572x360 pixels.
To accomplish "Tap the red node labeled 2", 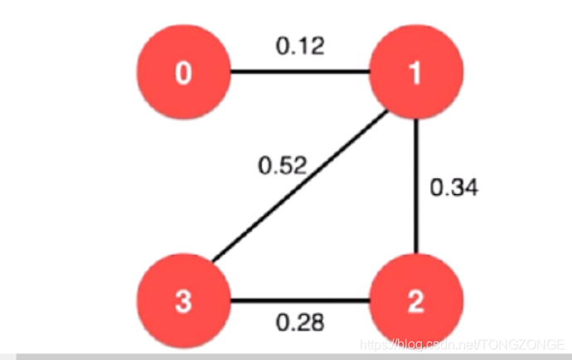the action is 414,301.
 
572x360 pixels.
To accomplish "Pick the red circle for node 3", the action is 183,301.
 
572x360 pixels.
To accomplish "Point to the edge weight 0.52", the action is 282,166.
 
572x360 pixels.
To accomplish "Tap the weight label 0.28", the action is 299,323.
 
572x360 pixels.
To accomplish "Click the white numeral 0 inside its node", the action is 183,74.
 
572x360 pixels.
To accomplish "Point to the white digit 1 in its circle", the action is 414,74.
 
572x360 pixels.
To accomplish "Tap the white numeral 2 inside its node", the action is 414,303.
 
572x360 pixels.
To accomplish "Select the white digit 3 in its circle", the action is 183,303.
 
